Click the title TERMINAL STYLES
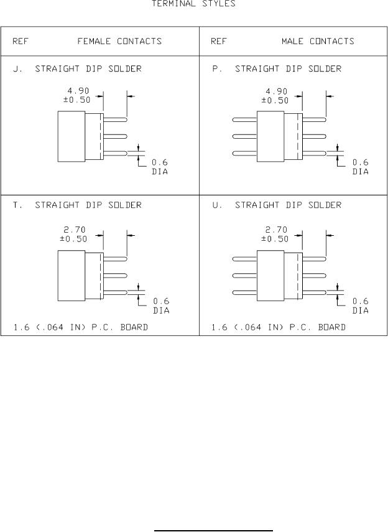click(x=193, y=4)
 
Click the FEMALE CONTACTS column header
click(x=119, y=42)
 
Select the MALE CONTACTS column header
click(x=317, y=42)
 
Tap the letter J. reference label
click(x=16, y=69)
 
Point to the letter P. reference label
click(x=216, y=69)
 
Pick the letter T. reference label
click(x=16, y=205)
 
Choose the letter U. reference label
click(x=216, y=205)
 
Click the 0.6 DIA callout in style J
click(x=160, y=167)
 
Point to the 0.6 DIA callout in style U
click(x=361, y=306)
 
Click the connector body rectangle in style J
click(x=71, y=136)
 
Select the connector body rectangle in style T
click(x=71, y=275)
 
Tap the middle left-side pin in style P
click(x=244, y=136)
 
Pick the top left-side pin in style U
click(x=244, y=258)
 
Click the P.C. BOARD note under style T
click(x=80, y=327)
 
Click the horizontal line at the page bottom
click(x=214, y=514)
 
